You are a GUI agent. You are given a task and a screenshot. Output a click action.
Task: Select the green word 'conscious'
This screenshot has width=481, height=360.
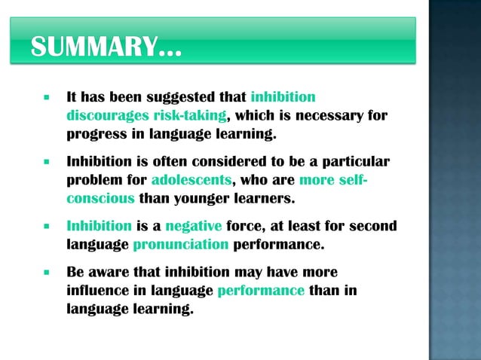(x=101, y=200)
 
